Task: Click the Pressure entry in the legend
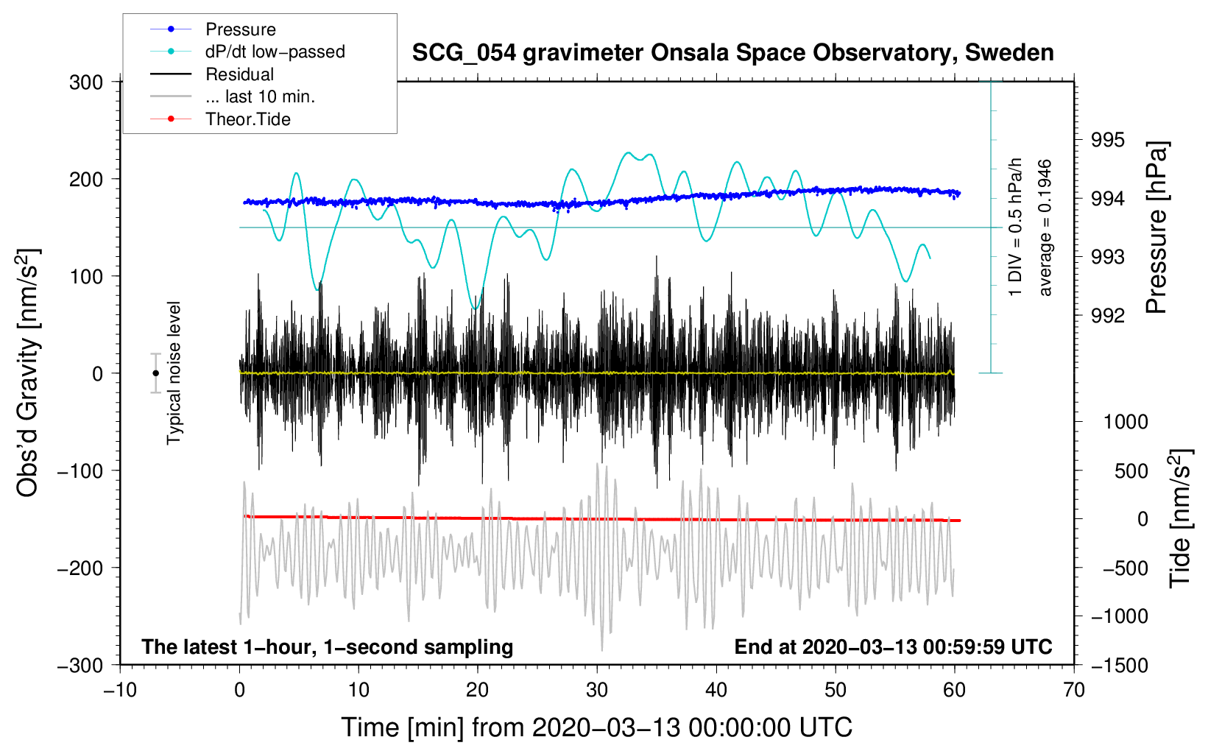point(240,29)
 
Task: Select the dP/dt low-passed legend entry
point(275,52)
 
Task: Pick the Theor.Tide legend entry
point(247,119)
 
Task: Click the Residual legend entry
point(239,74)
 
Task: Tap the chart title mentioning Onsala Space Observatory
point(732,53)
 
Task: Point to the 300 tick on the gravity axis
point(86,82)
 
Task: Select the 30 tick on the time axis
point(597,690)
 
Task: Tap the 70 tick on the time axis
point(1074,690)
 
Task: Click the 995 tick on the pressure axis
point(1107,140)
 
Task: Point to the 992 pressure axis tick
point(1107,316)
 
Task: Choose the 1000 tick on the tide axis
point(1125,422)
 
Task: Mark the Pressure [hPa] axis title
point(1157,228)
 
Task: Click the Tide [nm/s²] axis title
point(1180,519)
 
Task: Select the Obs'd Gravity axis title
point(28,373)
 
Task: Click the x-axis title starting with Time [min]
point(596,727)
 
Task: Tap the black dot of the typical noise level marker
point(155,373)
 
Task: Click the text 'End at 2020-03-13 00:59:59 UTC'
point(893,647)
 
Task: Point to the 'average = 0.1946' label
point(1045,228)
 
